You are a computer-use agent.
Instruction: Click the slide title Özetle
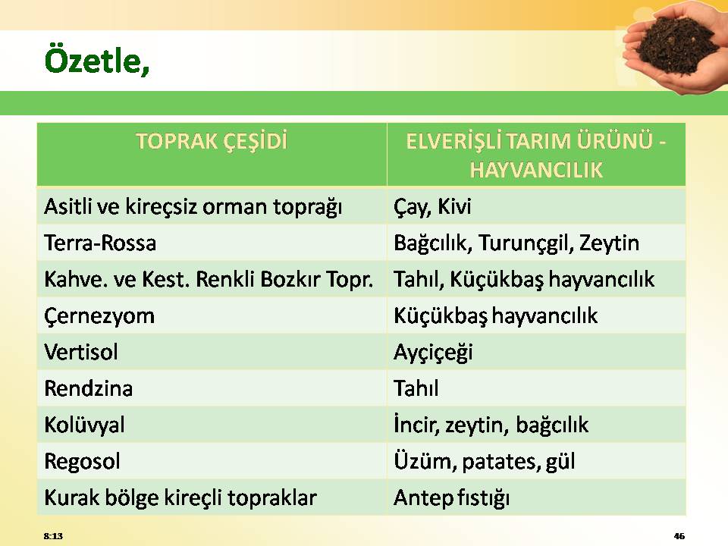click(97, 61)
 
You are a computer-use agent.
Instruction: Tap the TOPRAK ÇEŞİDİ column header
click(212, 141)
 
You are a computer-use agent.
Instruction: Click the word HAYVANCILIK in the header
click(536, 170)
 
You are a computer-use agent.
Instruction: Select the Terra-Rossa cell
click(100, 243)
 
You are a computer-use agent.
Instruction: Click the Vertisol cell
click(81, 352)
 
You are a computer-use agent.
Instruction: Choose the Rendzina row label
click(89, 388)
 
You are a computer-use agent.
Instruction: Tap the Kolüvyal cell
click(84, 425)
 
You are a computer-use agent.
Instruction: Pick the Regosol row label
click(82, 462)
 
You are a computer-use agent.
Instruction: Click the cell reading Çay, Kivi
click(432, 207)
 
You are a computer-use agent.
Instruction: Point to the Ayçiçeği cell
click(433, 353)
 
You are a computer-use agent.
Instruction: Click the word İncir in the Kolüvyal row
click(416, 425)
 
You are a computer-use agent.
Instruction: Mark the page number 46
click(679, 536)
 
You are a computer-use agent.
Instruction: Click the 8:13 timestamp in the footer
click(53, 536)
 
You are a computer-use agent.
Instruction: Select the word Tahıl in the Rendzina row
click(416, 388)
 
